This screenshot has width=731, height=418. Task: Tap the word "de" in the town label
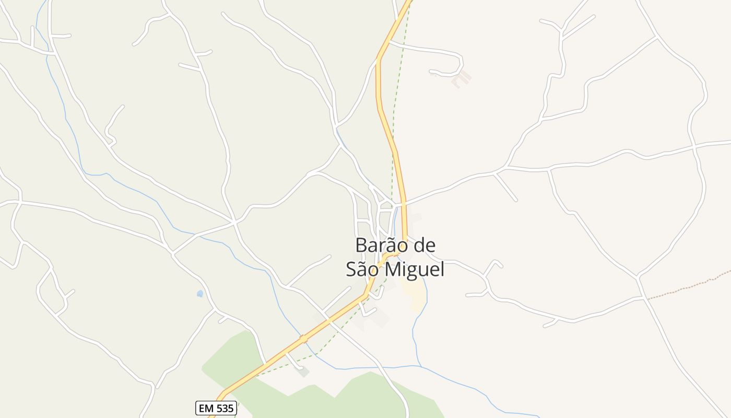point(423,245)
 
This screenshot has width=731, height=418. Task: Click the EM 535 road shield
point(216,408)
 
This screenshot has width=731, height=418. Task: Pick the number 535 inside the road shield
point(225,408)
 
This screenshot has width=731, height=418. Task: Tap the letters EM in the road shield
point(206,408)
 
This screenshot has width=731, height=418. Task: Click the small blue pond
point(199,294)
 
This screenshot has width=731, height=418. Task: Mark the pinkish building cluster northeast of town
point(461,78)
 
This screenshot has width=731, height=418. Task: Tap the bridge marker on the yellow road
point(303,340)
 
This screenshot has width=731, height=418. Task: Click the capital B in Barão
point(360,245)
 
